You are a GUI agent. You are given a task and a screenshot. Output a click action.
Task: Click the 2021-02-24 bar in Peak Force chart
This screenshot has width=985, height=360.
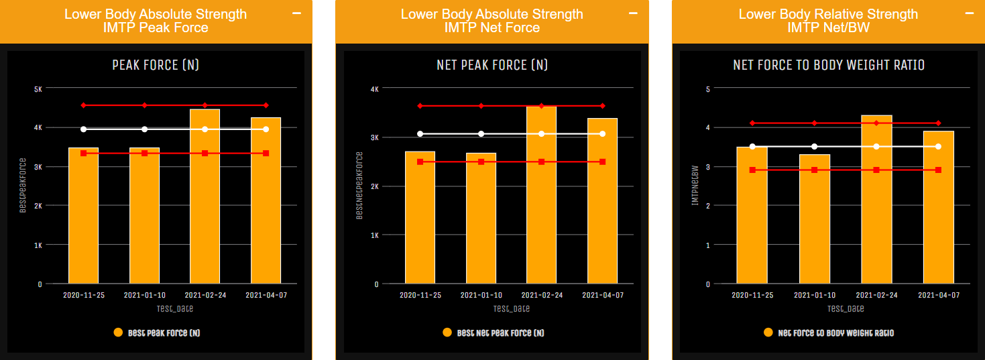[x=205, y=201]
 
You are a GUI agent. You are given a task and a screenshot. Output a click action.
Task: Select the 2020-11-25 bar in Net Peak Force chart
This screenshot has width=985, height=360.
[x=420, y=221]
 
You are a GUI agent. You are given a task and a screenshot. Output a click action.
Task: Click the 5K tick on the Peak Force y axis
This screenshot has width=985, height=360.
[x=38, y=88]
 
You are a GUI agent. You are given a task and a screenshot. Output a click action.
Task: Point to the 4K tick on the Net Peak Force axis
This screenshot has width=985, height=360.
[x=374, y=88]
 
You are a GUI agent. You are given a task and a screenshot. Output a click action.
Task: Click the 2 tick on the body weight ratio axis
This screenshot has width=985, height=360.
[x=708, y=206]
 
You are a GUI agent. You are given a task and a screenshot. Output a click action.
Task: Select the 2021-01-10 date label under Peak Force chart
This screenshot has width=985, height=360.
[x=144, y=295]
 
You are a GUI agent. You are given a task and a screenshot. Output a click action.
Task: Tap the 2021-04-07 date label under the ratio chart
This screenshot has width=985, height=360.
[x=939, y=295]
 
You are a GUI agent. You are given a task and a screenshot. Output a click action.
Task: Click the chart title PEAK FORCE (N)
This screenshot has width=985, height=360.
[x=155, y=65]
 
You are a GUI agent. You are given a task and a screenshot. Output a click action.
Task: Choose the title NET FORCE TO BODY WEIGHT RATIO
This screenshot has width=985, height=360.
[x=829, y=65]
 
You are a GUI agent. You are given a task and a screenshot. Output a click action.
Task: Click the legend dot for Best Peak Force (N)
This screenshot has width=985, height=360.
[x=118, y=333]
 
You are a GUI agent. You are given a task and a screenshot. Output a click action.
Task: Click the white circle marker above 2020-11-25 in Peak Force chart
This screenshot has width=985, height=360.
[x=84, y=129]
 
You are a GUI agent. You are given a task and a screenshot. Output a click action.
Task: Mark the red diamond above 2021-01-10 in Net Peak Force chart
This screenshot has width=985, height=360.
[x=481, y=106]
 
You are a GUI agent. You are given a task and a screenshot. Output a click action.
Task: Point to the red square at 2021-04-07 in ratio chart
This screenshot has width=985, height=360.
[x=938, y=170]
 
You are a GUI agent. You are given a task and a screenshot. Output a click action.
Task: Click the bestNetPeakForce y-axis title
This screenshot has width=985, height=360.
[x=359, y=186]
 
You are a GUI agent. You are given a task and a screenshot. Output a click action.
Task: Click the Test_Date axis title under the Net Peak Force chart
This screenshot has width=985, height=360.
[x=511, y=309]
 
